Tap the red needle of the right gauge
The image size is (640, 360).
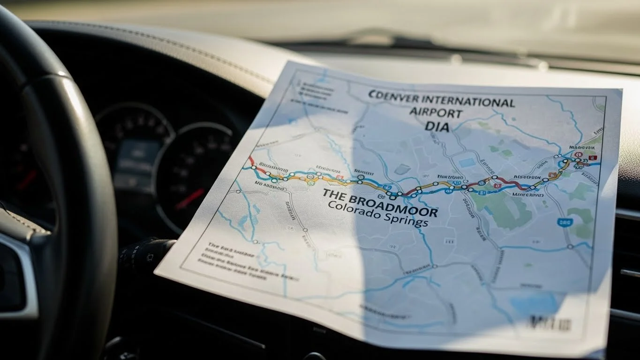(189, 199)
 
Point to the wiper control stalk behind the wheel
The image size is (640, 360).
(145, 251)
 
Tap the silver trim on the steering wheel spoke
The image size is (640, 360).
(19, 272)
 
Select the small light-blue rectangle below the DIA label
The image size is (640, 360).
(467, 163)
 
